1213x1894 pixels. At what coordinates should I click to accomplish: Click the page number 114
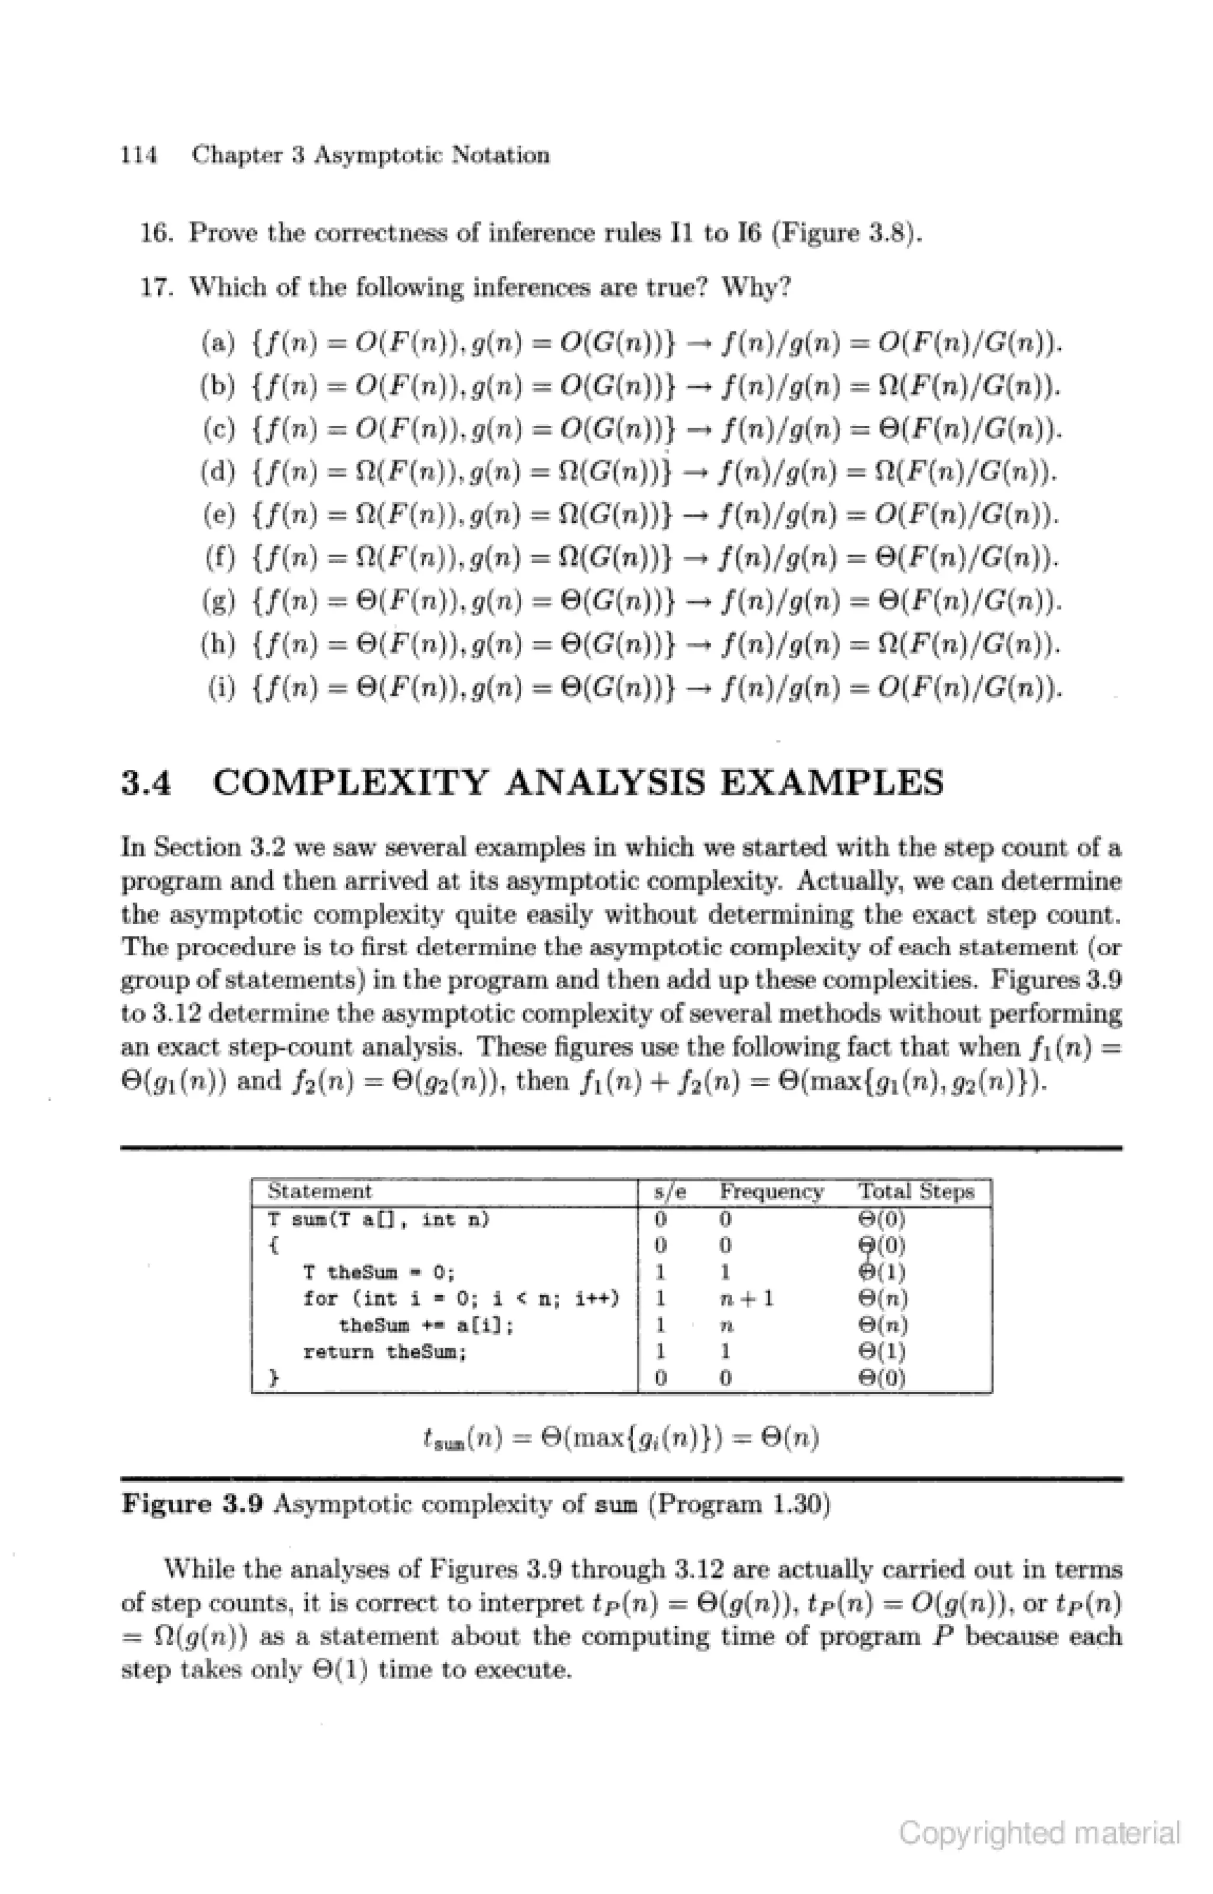click(139, 155)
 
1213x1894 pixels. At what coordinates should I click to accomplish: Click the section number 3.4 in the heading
click(146, 783)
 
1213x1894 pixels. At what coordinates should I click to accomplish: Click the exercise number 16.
click(158, 233)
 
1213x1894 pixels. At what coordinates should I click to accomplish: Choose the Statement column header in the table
click(319, 1192)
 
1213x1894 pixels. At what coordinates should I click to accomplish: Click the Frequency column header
click(771, 1192)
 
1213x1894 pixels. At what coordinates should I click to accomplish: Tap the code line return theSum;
click(385, 1352)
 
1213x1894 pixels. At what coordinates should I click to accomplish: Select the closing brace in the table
click(273, 1378)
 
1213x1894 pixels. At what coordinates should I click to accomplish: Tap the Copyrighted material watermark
click(1039, 1834)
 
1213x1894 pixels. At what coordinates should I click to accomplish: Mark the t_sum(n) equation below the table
click(621, 1440)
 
